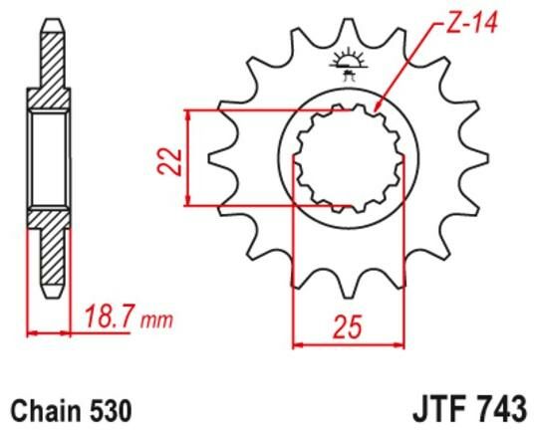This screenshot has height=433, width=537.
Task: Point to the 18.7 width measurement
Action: point(106,320)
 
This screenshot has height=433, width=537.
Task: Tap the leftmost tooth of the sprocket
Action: point(212,160)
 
